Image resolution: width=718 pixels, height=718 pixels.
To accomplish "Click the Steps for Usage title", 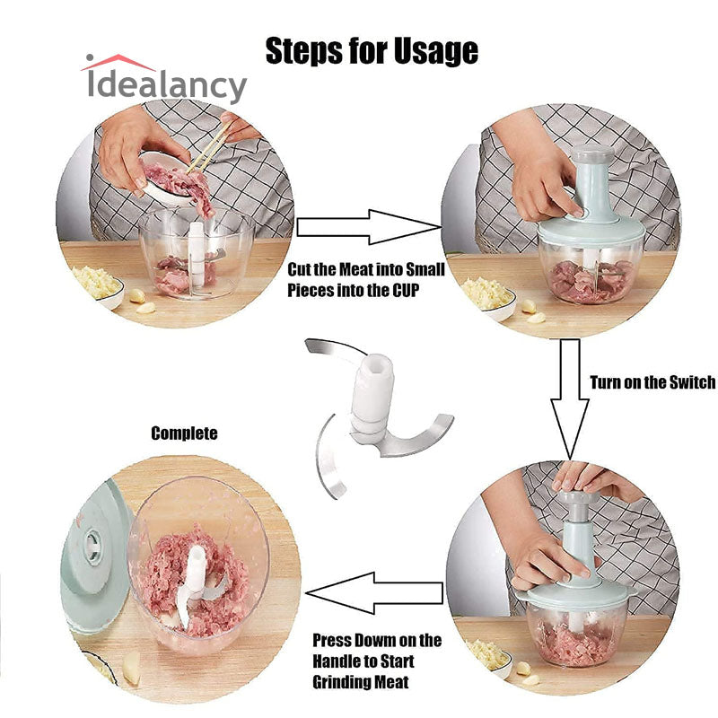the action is (372, 50).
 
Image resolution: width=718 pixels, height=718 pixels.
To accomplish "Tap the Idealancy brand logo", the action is (164, 79).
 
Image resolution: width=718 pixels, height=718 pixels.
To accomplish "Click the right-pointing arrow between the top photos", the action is (369, 227).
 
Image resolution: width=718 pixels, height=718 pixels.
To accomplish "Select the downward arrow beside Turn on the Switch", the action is (569, 398).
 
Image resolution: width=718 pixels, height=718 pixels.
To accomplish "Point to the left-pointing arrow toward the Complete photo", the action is (374, 593).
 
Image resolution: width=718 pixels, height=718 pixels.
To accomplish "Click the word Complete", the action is (184, 433).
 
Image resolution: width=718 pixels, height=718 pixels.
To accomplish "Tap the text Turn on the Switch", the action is (652, 382).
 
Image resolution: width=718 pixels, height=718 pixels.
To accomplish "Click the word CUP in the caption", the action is (405, 290).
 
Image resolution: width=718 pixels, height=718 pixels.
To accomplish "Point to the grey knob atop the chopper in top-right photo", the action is (592, 153).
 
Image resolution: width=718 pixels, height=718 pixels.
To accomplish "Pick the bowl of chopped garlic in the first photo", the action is (98, 286).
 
